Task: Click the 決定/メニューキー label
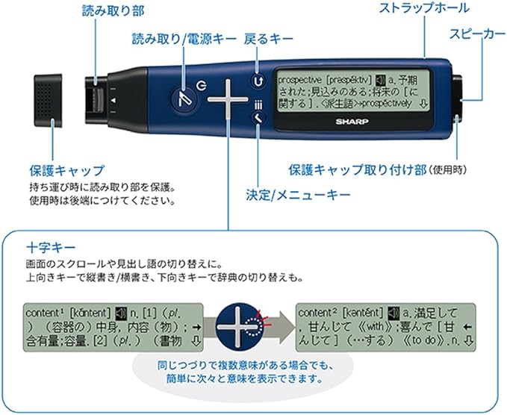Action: pos(287,195)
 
